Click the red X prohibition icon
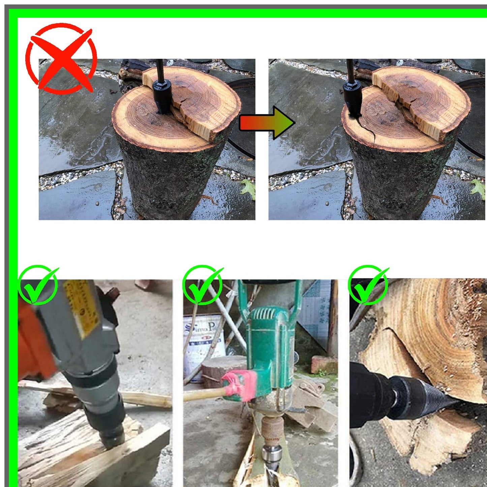pos(61,58)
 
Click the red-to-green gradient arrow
pos(266,123)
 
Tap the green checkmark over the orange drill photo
pos(38,285)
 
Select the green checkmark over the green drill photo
pos(202,285)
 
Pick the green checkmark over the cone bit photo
pos(368,285)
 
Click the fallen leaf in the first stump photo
pos(249,189)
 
